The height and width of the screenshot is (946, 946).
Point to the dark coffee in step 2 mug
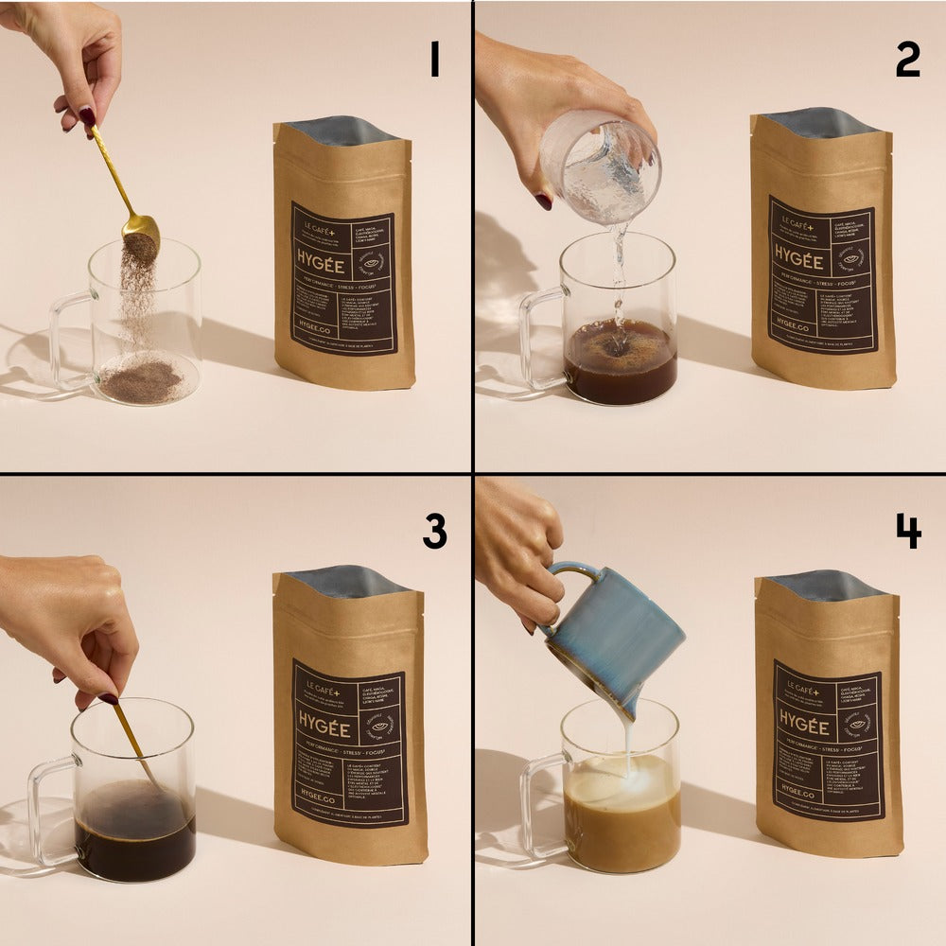tap(620, 374)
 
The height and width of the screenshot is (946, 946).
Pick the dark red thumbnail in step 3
tap(108, 699)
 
